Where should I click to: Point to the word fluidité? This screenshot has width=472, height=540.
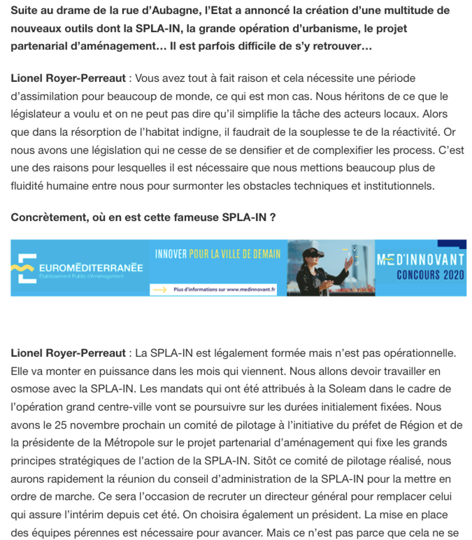pyautogui.click(x=27, y=186)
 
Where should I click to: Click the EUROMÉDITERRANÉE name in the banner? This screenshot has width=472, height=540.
pyautogui.click(x=90, y=268)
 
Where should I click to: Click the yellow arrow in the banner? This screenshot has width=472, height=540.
pyautogui.click(x=159, y=289)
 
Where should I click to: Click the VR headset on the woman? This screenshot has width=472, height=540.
pyautogui.click(x=309, y=253)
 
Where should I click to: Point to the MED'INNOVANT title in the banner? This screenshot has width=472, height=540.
pyautogui.click(x=421, y=260)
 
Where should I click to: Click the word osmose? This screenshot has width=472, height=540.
pyautogui.click(x=27, y=389)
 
